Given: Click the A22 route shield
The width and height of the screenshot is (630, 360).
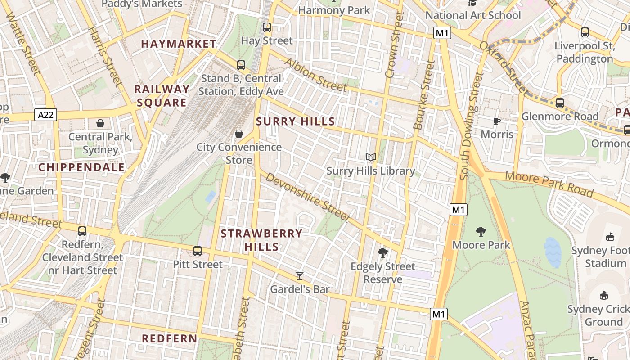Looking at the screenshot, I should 45,115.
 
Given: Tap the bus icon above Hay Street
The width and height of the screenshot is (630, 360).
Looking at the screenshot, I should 267,27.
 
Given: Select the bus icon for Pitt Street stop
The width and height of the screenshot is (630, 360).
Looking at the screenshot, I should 198,251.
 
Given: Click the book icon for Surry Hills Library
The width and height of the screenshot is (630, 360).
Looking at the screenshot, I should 371,157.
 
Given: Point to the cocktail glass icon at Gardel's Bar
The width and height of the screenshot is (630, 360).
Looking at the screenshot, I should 300,275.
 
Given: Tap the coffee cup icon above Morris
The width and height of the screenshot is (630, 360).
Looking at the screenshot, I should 496,121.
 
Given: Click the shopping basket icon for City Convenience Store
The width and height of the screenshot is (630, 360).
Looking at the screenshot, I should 239,134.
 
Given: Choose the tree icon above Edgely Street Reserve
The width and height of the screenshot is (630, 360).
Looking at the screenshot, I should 383,252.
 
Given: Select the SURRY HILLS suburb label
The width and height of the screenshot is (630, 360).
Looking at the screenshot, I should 296,121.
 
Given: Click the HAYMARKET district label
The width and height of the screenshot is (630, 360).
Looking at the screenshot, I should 179,44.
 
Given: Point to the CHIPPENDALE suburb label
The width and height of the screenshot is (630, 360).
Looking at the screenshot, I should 81,167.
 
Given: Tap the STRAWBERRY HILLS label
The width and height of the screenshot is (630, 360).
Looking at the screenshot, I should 261,240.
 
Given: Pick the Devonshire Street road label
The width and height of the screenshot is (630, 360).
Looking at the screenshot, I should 307,197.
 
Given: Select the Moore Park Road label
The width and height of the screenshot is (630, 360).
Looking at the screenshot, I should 549,184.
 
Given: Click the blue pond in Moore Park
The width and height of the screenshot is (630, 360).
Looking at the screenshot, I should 553,252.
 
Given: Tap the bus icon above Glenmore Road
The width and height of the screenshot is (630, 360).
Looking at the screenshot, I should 560,103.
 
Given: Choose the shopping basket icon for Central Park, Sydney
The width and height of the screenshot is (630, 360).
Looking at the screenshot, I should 100,123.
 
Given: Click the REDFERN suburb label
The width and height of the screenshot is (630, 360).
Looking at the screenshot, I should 169,338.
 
